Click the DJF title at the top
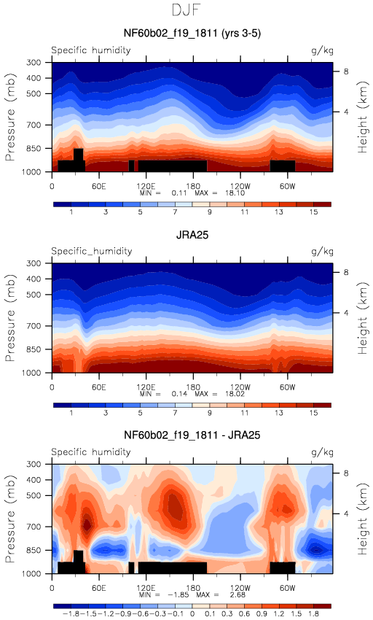pos(186,10)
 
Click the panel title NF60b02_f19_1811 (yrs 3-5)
pos(192,33)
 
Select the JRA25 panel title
pos(192,235)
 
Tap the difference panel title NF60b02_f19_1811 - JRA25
pos(192,435)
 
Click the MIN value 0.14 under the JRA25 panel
pos(179,394)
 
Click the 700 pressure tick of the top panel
pos(34,125)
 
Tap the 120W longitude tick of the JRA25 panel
pos(240,387)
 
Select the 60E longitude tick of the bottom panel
pos(99,588)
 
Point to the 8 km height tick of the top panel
pos(346,71)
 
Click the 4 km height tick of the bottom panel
pos(346,514)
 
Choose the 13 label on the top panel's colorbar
pos(279,212)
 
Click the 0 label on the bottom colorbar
pos(192,613)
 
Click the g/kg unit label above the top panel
pos(322,50)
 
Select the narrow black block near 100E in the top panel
pos(132,166)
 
